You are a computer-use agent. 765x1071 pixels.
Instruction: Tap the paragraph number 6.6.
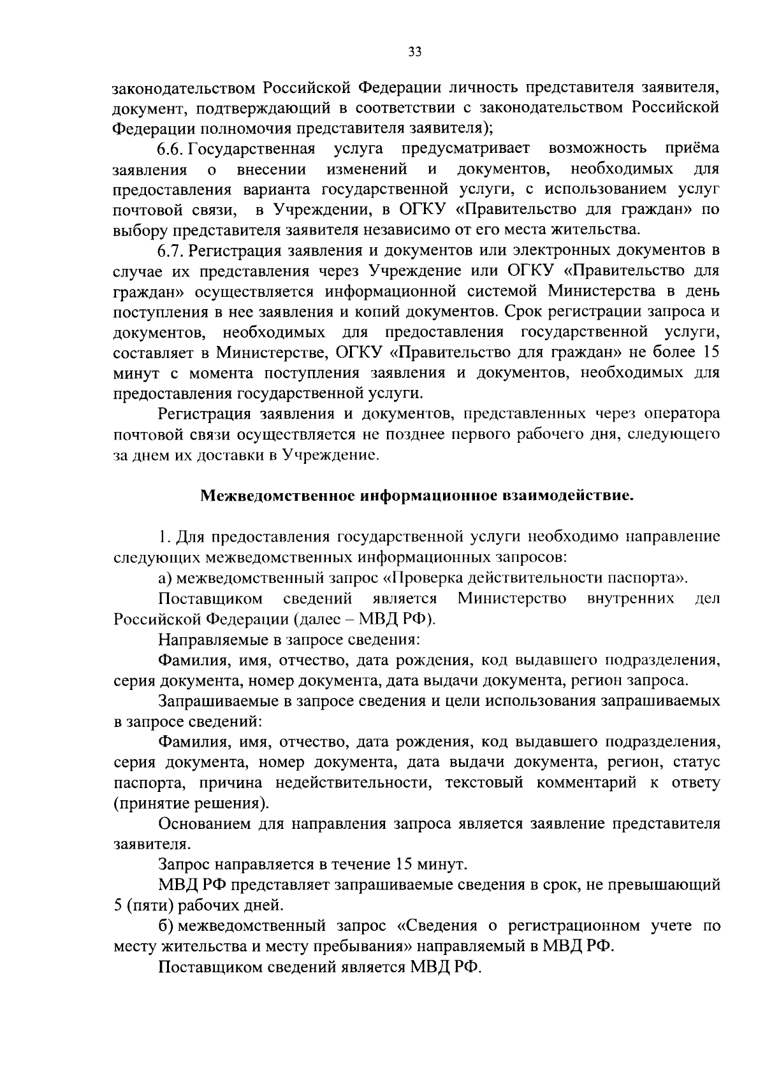pos(171,149)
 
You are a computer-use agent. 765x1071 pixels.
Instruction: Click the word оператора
pos(684,414)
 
